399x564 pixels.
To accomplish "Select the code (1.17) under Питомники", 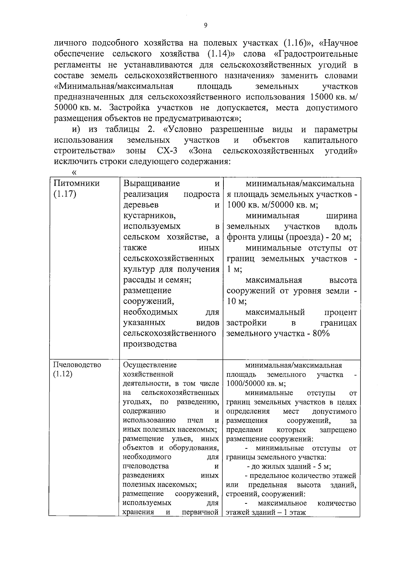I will (65, 194).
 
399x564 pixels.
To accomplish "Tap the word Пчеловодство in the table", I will (77, 365).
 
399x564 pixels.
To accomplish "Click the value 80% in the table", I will (321, 333).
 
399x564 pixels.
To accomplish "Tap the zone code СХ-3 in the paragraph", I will (167, 151).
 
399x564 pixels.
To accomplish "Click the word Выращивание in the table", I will (152, 184).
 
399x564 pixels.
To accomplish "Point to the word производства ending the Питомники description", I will (150, 344).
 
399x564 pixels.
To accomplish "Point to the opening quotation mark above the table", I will (74, 172).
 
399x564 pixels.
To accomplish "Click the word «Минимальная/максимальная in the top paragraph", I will (114, 86).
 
